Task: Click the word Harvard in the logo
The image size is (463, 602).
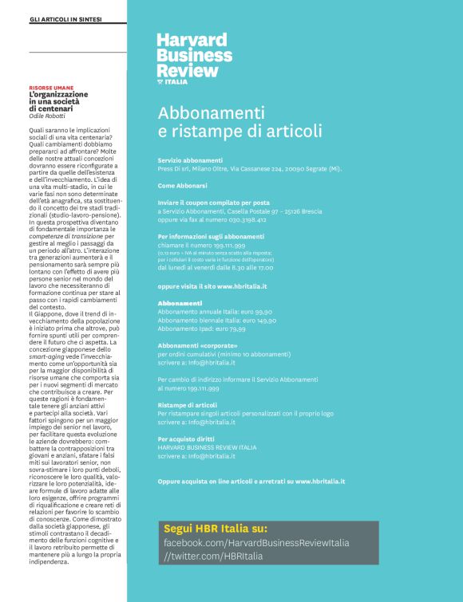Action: point(192,40)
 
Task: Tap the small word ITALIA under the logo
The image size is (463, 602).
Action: point(177,81)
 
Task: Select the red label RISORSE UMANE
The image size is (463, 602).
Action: point(52,89)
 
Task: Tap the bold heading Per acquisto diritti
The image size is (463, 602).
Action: point(187,439)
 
